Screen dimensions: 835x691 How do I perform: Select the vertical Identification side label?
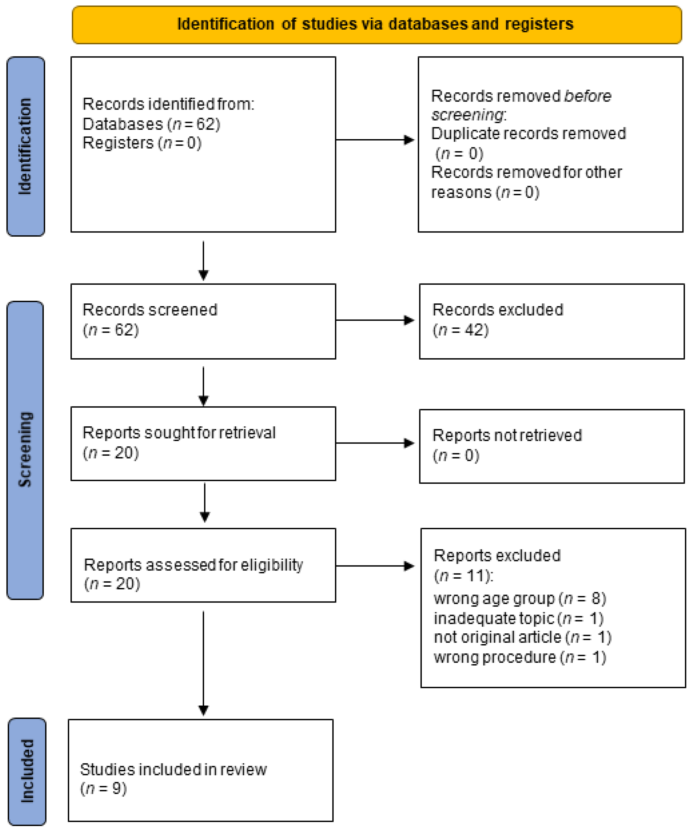[x=25, y=146]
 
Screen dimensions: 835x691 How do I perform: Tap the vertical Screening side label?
[x=25, y=449]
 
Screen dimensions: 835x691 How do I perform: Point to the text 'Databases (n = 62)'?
[x=151, y=124]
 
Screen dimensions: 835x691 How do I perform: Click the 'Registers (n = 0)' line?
[x=142, y=143]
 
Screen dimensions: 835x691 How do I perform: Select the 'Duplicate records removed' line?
[x=528, y=134]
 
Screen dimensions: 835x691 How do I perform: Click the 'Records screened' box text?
[x=150, y=310]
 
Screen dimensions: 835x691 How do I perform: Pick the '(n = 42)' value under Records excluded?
[x=460, y=330]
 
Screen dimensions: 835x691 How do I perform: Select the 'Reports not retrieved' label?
[x=507, y=435]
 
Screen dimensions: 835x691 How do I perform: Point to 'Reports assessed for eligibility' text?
[x=193, y=565]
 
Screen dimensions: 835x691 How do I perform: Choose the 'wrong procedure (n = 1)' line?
[x=520, y=657]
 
